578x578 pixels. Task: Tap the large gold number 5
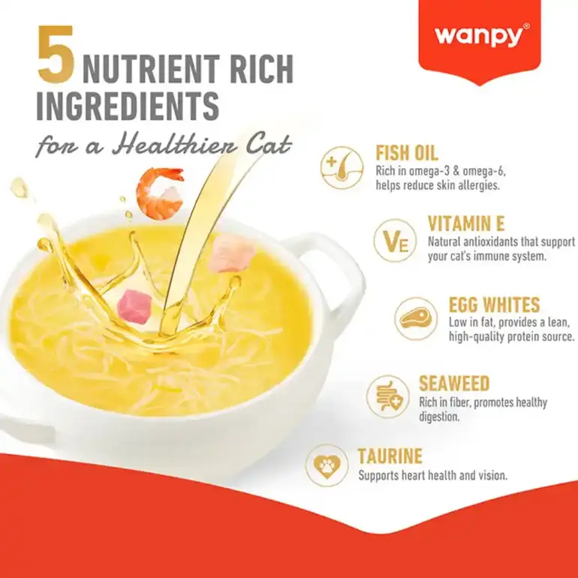[x=56, y=55]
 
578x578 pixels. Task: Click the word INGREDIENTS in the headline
[x=128, y=105]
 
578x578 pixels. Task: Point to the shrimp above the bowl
[x=161, y=192]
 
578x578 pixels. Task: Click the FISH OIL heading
[x=407, y=152]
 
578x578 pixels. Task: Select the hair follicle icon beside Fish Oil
[x=342, y=167]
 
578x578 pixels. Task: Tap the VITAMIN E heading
[x=466, y=223]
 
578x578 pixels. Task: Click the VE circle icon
[x=395, y=240]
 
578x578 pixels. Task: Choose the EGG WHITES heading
[x=494, y=305]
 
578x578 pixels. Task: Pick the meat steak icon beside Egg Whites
[x=415, y=318]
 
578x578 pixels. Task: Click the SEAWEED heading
[x=454, y=384]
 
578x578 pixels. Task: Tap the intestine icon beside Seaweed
[x=388, y=396]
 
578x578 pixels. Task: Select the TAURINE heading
[x=390, y=456]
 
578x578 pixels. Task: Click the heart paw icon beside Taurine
[x=327, y=465]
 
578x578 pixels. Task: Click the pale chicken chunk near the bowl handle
[x=231, y=253]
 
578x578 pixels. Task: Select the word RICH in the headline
[x=263, y=68]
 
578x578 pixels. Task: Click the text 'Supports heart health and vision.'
[x=433, y=475]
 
